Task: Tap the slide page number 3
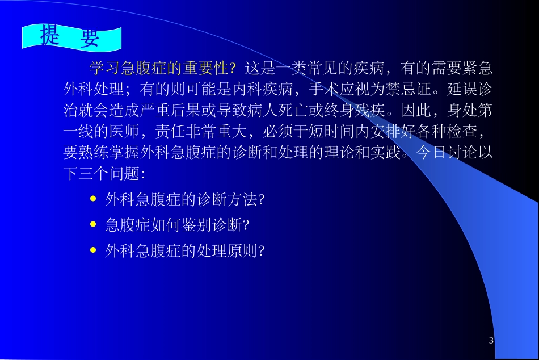(x=491, y=340)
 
